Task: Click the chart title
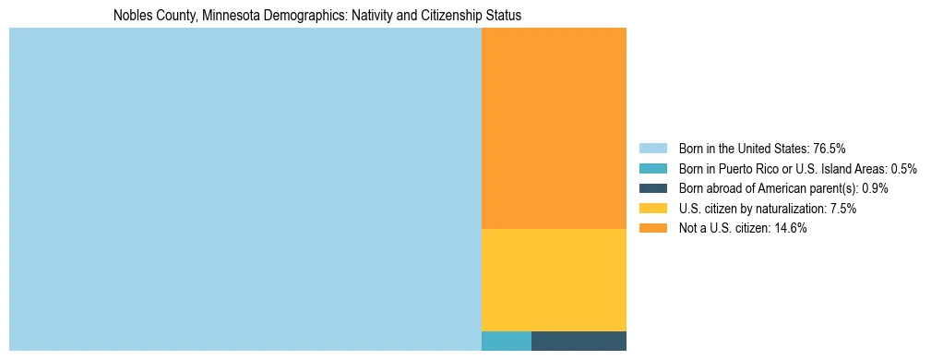(x=317, y=16)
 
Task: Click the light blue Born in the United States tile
(x=245, y=189)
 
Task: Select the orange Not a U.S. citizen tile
(x=554, y=128)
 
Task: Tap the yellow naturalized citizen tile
(x=554, y=280)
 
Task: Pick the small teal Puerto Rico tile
(x=506, y=341)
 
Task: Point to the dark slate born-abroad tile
(x=579, y=341)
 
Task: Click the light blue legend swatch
(x=652, y=149)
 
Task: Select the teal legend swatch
(x=652, y=169)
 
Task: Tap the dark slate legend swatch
(x=652, y=188)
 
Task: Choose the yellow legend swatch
(x=652, y=209)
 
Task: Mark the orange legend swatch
(x=652, y=229)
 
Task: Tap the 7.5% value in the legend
(x=843, y=209)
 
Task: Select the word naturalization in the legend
(x=793, y=209)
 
